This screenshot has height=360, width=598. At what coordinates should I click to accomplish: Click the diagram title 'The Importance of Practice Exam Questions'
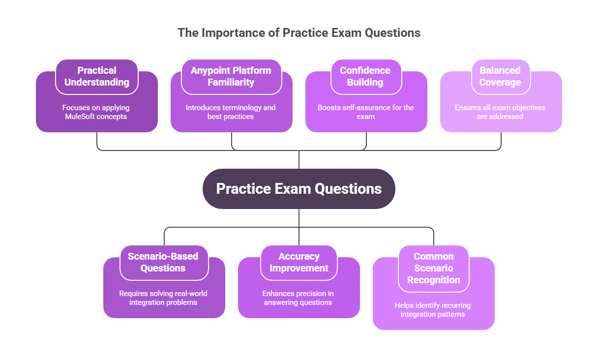(x=299, y=33)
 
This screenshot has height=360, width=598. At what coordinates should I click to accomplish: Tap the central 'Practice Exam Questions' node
(x=299, y=189)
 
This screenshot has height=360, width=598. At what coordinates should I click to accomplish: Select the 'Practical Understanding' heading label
(x=97, y=76)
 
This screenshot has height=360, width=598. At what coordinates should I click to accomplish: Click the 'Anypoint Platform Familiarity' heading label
(x=231, y=76)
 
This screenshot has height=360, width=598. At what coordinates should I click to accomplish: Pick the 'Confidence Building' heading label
(x=365, y=76)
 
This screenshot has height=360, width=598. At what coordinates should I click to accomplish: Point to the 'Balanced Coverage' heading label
(x=500, y=76)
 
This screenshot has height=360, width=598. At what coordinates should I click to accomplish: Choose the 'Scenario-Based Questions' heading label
(x=163, y=262)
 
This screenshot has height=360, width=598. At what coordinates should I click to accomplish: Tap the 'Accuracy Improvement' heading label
(x=299, y=262)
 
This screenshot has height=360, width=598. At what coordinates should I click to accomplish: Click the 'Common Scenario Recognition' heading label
(x=433, y=268)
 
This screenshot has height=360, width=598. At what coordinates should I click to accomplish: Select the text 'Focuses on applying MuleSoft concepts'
(x=96, y=112)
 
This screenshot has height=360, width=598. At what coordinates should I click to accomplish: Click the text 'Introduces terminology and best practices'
(x=231, y=112)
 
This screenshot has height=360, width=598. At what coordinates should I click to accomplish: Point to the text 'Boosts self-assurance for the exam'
(x=366, y=112)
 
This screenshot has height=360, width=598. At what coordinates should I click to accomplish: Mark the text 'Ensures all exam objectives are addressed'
(x=500, y=112)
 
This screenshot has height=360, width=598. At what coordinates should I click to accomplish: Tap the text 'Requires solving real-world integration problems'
(x=163, y=298)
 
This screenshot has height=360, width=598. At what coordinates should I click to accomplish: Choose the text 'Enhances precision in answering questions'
(x=298, y=298)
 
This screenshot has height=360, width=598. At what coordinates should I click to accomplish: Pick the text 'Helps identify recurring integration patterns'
(x=433, y=310)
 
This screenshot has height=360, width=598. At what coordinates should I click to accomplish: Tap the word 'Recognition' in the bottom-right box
(x=433, y=280)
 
